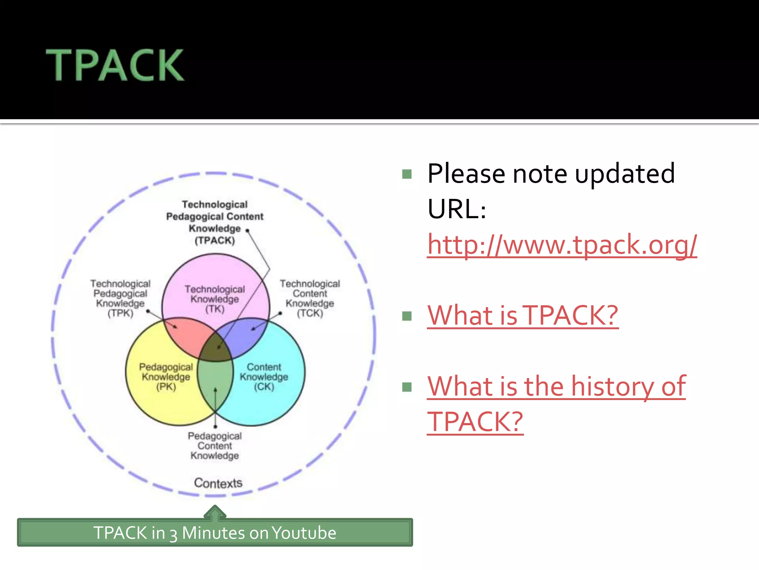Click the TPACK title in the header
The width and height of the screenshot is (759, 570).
pyautogui.click(x=115, y=65)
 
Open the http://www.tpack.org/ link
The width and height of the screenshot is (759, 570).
pyautogui.click(x=562, y=245)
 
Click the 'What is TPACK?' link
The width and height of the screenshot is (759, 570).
pyautogui.click(x=523, y=315)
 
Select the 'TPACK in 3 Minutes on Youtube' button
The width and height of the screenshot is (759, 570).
pyautogui.click(x=215, y=533)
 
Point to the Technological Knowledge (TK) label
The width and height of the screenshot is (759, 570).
pyautogui.click(x=215, y=299)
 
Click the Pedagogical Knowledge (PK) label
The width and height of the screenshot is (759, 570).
pyautogui.click(x=166, y=377)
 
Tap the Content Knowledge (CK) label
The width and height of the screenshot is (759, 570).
pyautogui.click(x=264, y=377)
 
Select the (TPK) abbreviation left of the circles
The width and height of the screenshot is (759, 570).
pyautogui.click(x=120, y=313)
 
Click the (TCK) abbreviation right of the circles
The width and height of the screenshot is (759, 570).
pyautogui.click(x=310, y=313)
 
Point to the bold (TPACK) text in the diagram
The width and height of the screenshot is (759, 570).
pyautogui.click(x=215, y=240)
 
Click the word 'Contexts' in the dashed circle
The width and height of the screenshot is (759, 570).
pyautogui.click(x=218, y=483)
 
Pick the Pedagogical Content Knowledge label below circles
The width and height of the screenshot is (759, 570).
pyautogui.click(x=215, y=446)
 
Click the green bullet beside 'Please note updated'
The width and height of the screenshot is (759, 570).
pyautogui.click(x=407, y=174)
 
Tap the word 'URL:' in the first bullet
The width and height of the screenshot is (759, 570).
pyautogui.click(x=457, y=209)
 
